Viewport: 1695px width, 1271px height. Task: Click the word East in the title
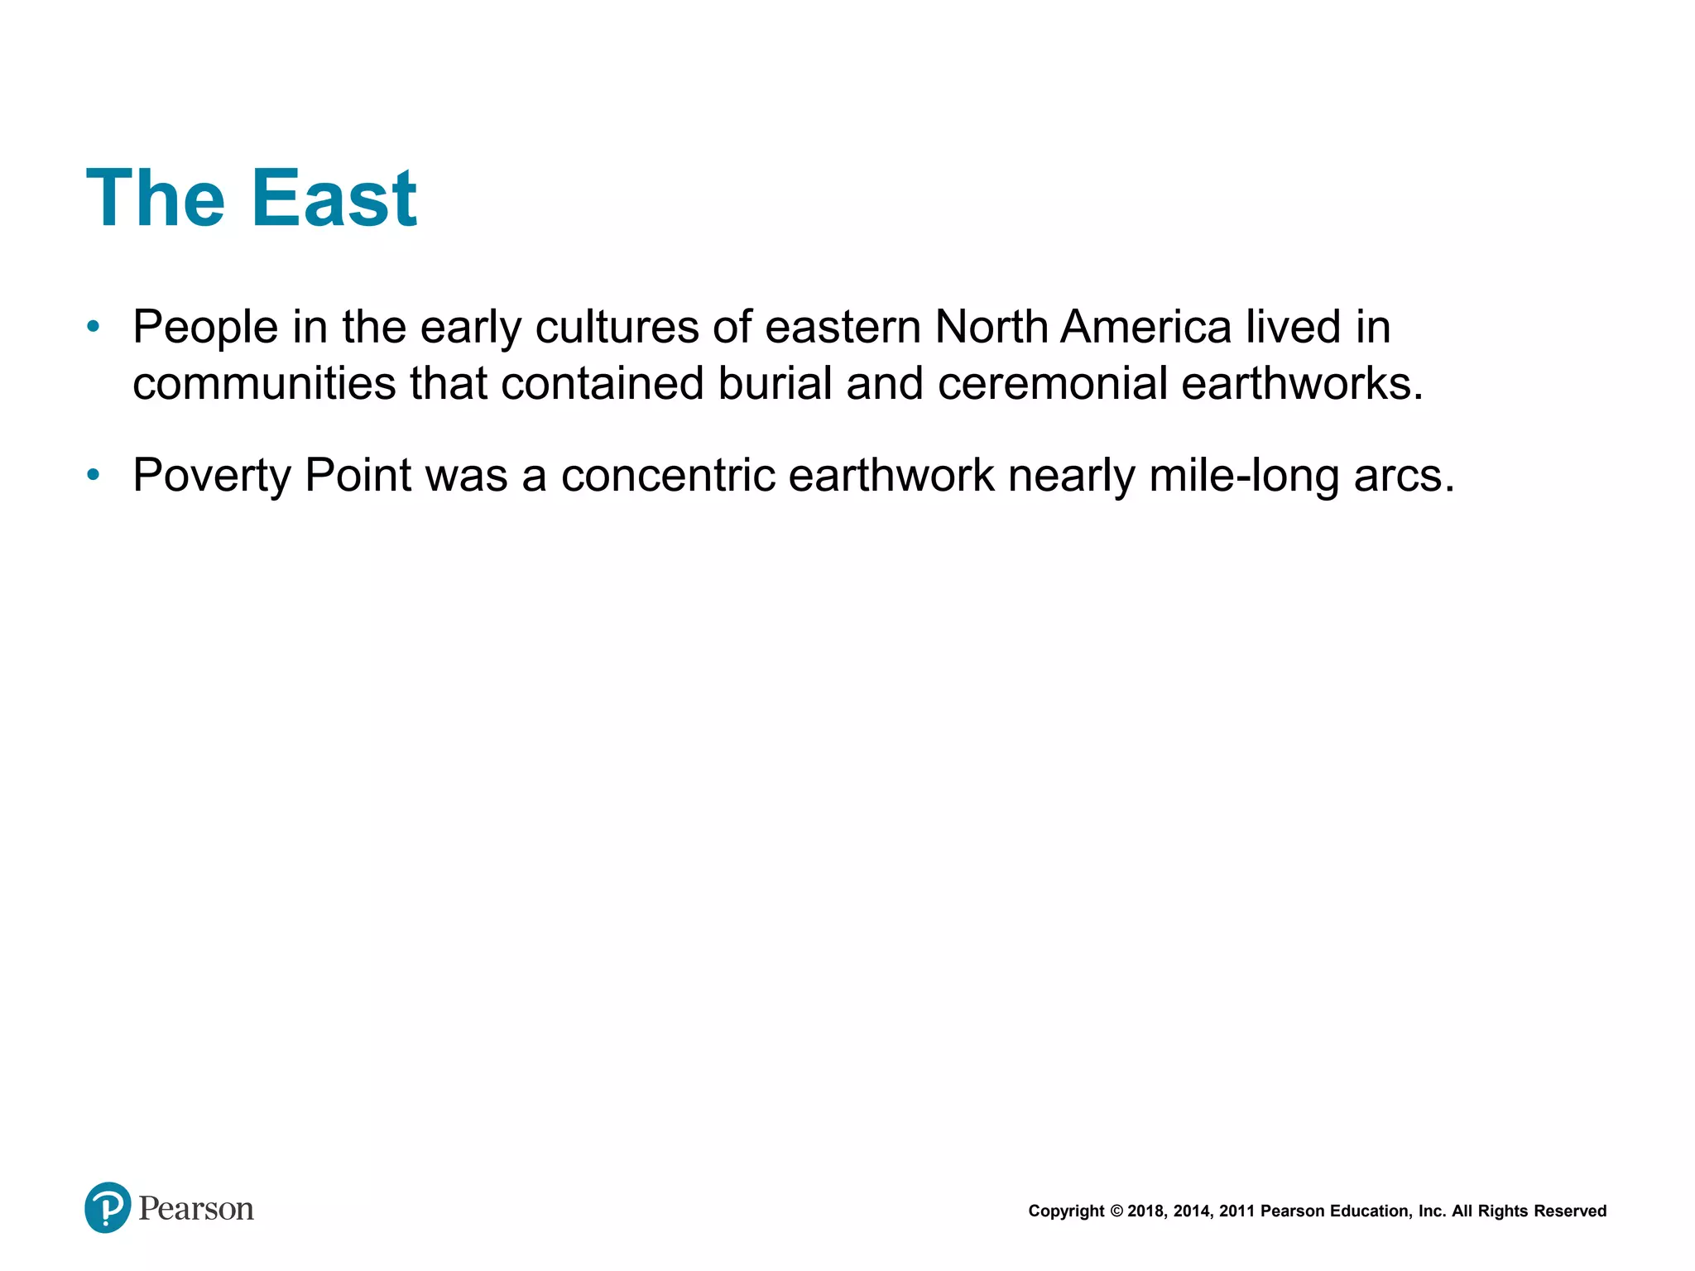point(334,199)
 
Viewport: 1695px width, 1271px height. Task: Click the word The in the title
point(156,199)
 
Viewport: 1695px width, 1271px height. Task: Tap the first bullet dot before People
point(94,327)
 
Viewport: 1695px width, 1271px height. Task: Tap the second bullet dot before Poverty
point(94,475)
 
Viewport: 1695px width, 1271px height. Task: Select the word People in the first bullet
point(205,329)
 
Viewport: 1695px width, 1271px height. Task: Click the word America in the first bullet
point(1145,327)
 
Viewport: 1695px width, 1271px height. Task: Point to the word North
point(992,327)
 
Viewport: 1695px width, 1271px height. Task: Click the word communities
point(264,385)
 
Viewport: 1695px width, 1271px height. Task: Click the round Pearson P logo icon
point(108,1207)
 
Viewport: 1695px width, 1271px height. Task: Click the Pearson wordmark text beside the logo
point(196,1209)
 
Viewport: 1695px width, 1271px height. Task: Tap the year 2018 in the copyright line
point(1145,1211)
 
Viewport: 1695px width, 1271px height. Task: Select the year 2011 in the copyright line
point(1236,1211)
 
